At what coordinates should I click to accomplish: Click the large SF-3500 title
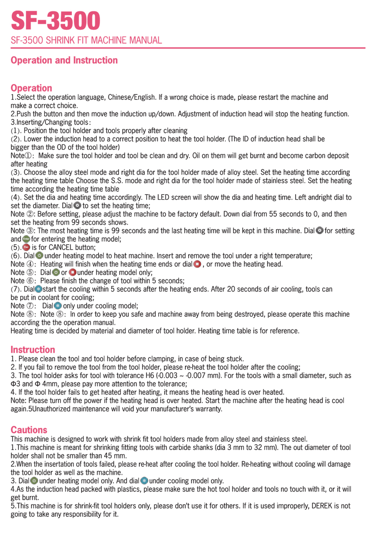tap(56, 21)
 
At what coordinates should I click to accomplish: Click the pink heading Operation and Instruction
tap(64, 60)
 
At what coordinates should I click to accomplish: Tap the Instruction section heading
tap(33, 349)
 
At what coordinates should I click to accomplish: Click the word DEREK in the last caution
tap(322, 506)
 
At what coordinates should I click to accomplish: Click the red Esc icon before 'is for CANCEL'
tap(26, 247)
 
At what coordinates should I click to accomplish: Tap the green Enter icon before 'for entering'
tap(26, 239)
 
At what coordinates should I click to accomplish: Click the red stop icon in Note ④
tap(197, 264)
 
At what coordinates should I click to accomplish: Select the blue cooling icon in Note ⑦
tap(58, 306)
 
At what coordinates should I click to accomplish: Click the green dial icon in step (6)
tap(39, 256)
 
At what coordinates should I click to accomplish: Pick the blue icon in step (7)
tap(38, 289)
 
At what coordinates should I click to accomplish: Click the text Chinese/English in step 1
tap(132, 97)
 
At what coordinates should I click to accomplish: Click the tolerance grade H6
tap(150, 375)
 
